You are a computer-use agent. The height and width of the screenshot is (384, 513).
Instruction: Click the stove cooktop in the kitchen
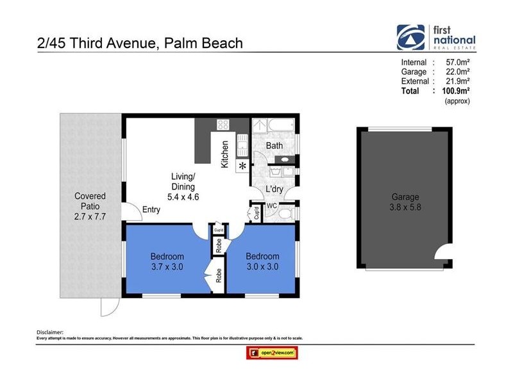pyautogui.click(x=223, y=124)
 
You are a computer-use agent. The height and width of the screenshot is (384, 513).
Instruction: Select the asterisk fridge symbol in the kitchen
pyautogui.click(x=242, y=166)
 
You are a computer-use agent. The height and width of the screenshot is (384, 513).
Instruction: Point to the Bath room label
pyautogui.click(x=274, y=146)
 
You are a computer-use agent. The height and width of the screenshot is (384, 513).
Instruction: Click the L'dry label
pyautogui.click(x=275, y=189)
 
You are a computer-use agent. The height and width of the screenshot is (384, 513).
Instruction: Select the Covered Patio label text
pyautogui.click(x=90, y=202)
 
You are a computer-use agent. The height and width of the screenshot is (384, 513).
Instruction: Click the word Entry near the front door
pyautogui.click(x=152, y=210)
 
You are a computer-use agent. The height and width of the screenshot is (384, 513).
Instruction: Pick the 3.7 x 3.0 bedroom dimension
pyautogui.click(x=167, y=268)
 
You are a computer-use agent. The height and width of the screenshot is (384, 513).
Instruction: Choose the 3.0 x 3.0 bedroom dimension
pyautogui.click(x=262, y=268)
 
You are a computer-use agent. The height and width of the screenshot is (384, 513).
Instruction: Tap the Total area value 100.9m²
pyautogui.click(x=456, y=91)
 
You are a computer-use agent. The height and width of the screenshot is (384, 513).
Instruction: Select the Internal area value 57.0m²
pyautogui.click(x=456, y=62)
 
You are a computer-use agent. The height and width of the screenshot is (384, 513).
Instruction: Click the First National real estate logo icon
pyautogui.click(x=410, y=38)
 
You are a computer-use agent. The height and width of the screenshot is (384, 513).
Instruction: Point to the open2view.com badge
pyautogui.click(x=273, y=353)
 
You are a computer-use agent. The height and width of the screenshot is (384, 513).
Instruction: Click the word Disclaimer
pyautogui.click(x=51, y=332)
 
